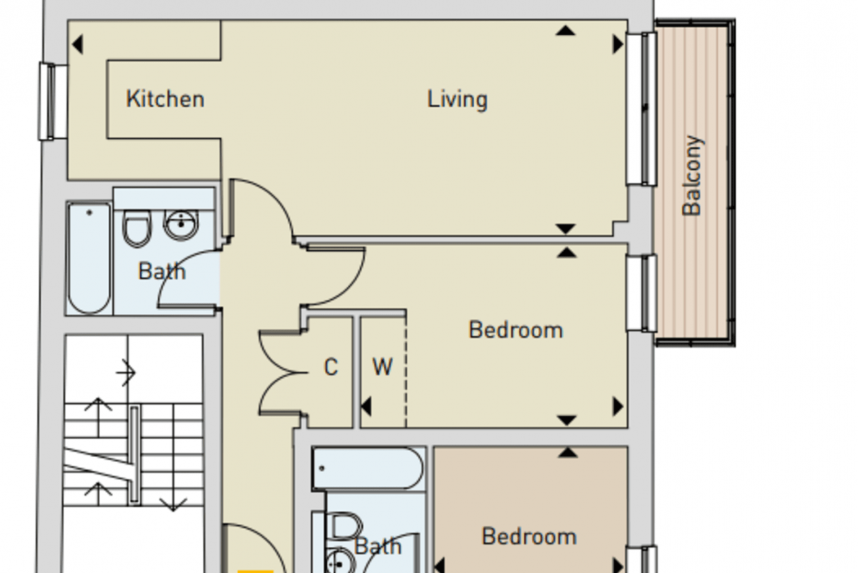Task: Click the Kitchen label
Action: click(x=165, y=99)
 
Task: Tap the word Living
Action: click(x=457, y=100)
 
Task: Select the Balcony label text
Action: click(x=692, y=176)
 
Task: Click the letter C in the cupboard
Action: click(x=331, y=367)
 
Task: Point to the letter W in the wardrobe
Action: click(x=382, y=367)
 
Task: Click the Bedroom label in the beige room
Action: click(x=516, y=330)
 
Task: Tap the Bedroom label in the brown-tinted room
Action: click(x=529, y=536)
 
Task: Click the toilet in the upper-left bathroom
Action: click(x=137, y=229)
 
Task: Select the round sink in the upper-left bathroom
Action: click(x=181, y=225)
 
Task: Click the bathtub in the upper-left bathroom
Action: click(x=90, y=259)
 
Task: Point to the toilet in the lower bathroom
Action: click(x=345, y=527)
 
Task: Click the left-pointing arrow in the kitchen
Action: click(x=77, y=45)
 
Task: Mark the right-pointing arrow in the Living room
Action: click(x=618, y=44)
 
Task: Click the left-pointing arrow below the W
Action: click(x=366, y=407)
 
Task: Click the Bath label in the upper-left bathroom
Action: click(x=162, y=271)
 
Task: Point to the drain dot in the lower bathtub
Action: click(x=322, y=468)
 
